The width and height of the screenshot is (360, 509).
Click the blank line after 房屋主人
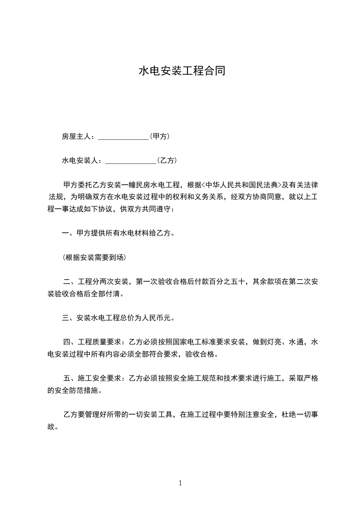click(123, 137)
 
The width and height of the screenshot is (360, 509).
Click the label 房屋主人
click(76, 136)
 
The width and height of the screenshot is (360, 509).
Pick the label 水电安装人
click(80, 161)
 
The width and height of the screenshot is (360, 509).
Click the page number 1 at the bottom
click(180, 483)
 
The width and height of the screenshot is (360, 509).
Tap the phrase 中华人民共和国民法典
click(242, 185)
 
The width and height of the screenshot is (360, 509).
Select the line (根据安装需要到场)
click(94, 258)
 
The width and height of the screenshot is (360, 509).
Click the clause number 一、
click(69, 234)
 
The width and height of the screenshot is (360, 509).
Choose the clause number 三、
click(69, 318)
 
